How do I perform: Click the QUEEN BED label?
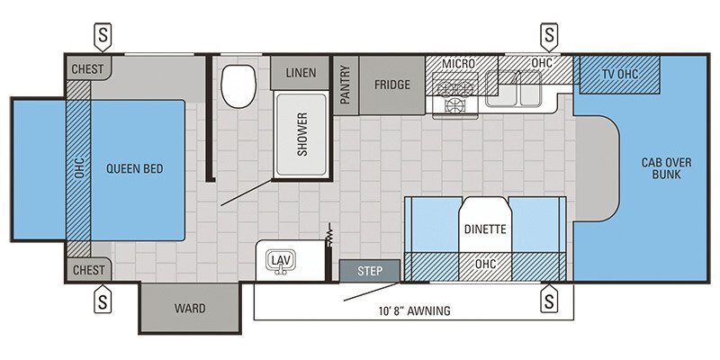136,168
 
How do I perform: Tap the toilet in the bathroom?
238,85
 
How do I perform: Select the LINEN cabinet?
300,72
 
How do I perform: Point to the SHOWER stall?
301,134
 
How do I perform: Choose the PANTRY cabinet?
345,85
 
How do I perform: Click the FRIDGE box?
391,85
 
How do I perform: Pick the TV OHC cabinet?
619,73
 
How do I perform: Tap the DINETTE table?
485,229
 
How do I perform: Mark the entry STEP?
370,270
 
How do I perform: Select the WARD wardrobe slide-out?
190,308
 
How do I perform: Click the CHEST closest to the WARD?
87,269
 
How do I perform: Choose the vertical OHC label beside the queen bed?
78,168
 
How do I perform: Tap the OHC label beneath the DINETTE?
485,265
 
